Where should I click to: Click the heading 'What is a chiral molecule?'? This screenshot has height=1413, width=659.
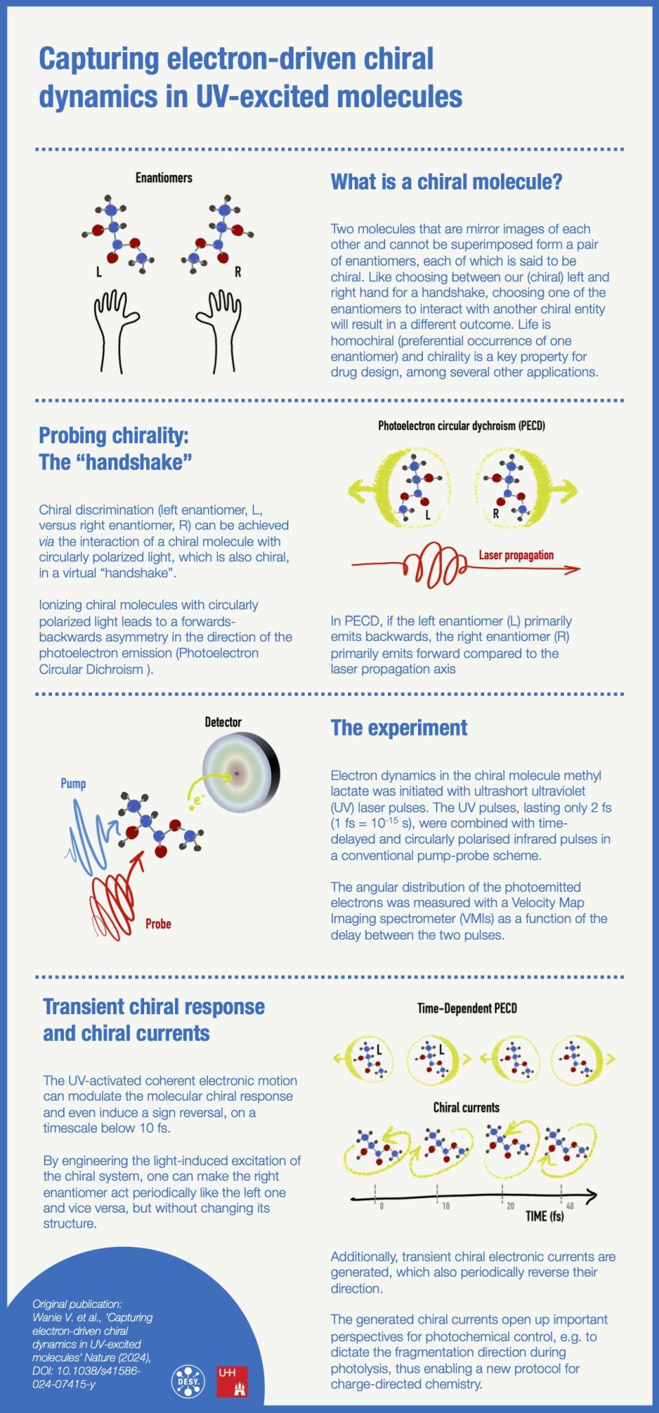pos(446,182)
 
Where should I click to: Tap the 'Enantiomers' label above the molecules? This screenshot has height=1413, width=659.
pos(163,178)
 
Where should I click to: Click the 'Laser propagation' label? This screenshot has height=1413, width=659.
pos(516,555)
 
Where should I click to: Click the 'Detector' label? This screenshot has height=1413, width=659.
pos(223,722)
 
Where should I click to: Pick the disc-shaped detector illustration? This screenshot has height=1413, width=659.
pos(240,773)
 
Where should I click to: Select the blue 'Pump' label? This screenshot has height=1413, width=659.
pos(73,783)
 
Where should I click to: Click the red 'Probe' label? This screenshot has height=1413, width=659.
pos(158,924)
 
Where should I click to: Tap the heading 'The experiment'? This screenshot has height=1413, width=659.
pos(399,728)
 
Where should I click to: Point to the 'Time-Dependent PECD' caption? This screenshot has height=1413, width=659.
pos(467,1008)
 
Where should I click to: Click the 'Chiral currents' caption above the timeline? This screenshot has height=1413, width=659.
pos(466,1107)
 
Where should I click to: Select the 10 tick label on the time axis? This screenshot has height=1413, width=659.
pos(446,1206)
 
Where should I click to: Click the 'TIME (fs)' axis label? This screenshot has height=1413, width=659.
pos(544,1216)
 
